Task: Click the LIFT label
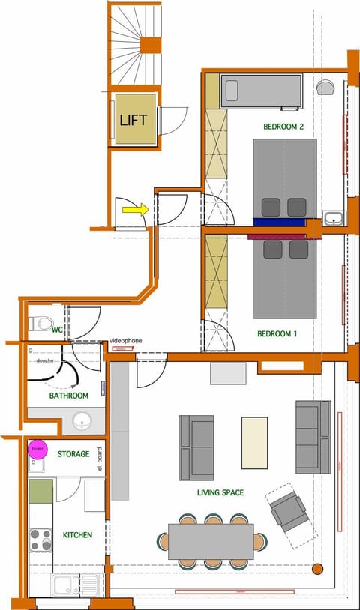pos(134,119)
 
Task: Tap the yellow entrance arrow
pos(133,211)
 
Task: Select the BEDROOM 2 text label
pos(283,127)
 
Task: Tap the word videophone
pos(125,341)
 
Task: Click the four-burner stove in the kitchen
pos(40,540)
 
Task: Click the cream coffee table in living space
pos(254,443)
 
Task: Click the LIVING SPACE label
pos(220,492)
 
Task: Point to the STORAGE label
pos(73,454)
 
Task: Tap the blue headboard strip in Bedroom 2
pos(279,222)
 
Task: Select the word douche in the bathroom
pos(44,360)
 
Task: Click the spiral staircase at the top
pos(137,41)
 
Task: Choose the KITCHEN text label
pos(79,535)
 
